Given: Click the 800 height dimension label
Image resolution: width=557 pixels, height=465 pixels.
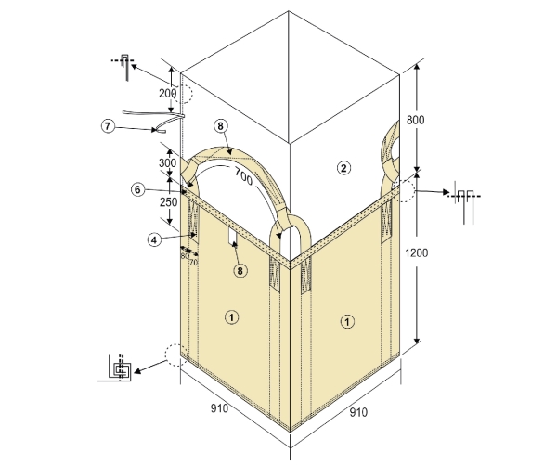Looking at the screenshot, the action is (x=415, y=120).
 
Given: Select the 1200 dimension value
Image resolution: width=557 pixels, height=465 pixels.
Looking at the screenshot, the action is (x=416, y=253).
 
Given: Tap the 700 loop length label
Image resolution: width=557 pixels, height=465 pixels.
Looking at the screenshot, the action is (x=243, y=175).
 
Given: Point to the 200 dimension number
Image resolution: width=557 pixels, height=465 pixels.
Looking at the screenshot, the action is (x=167, y=94).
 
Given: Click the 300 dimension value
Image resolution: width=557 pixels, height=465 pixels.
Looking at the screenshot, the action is (x=167, y=163).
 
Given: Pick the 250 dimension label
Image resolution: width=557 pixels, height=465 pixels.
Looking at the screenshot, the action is (x=168, y=202).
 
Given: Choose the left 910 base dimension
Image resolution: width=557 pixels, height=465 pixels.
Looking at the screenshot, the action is (x=219, y=408).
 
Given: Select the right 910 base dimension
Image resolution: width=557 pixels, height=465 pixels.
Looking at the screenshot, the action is (x=358, y=412).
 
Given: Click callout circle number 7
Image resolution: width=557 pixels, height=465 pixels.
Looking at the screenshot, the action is (x=108, y=126).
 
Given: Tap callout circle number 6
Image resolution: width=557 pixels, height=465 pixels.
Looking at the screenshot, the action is (x=137, y=189).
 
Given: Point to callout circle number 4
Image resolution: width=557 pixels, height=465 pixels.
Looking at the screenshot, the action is (x=154, y=240).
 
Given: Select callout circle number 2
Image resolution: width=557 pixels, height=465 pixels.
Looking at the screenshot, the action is (x=343, y=168).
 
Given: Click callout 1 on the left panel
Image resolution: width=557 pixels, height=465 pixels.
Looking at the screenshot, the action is (x=231, y=317).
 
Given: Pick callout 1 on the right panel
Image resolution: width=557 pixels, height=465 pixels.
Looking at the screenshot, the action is (x=347, y=322).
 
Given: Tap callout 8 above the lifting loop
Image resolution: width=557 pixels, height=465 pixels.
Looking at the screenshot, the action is (x=221, y=126).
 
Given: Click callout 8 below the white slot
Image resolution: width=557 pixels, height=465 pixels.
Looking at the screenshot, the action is (x=240, y=271).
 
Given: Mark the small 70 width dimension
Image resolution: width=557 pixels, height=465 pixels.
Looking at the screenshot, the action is (x=193, y=263).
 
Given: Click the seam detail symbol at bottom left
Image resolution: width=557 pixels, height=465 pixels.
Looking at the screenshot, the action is (x=120, y=368).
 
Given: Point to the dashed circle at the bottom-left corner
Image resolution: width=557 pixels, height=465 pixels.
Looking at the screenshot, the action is (x=176, y=355).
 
